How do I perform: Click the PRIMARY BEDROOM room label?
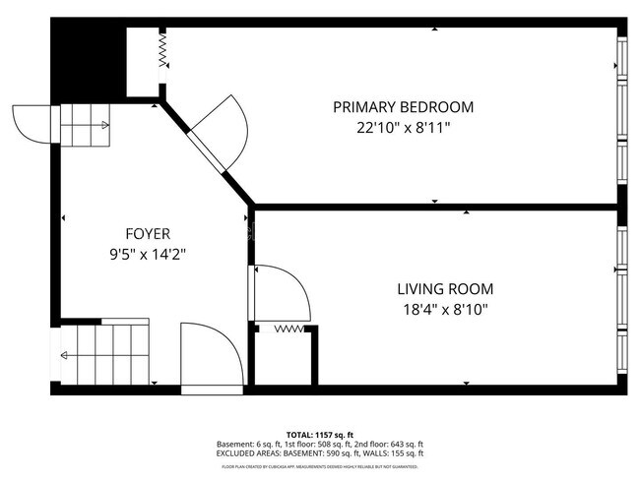tap(403, 107)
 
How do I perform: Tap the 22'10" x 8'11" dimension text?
tap(403, 127)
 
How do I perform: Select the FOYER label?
tap(148, 234)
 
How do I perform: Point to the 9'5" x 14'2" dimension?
tap(148, 254)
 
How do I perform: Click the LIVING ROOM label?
tap(445, 289)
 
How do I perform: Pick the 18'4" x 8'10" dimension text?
tap(445, 309)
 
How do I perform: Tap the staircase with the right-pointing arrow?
tap(85, 125)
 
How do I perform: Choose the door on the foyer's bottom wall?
tap(211, 359)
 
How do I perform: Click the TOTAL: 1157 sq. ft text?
tap(319, 434)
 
